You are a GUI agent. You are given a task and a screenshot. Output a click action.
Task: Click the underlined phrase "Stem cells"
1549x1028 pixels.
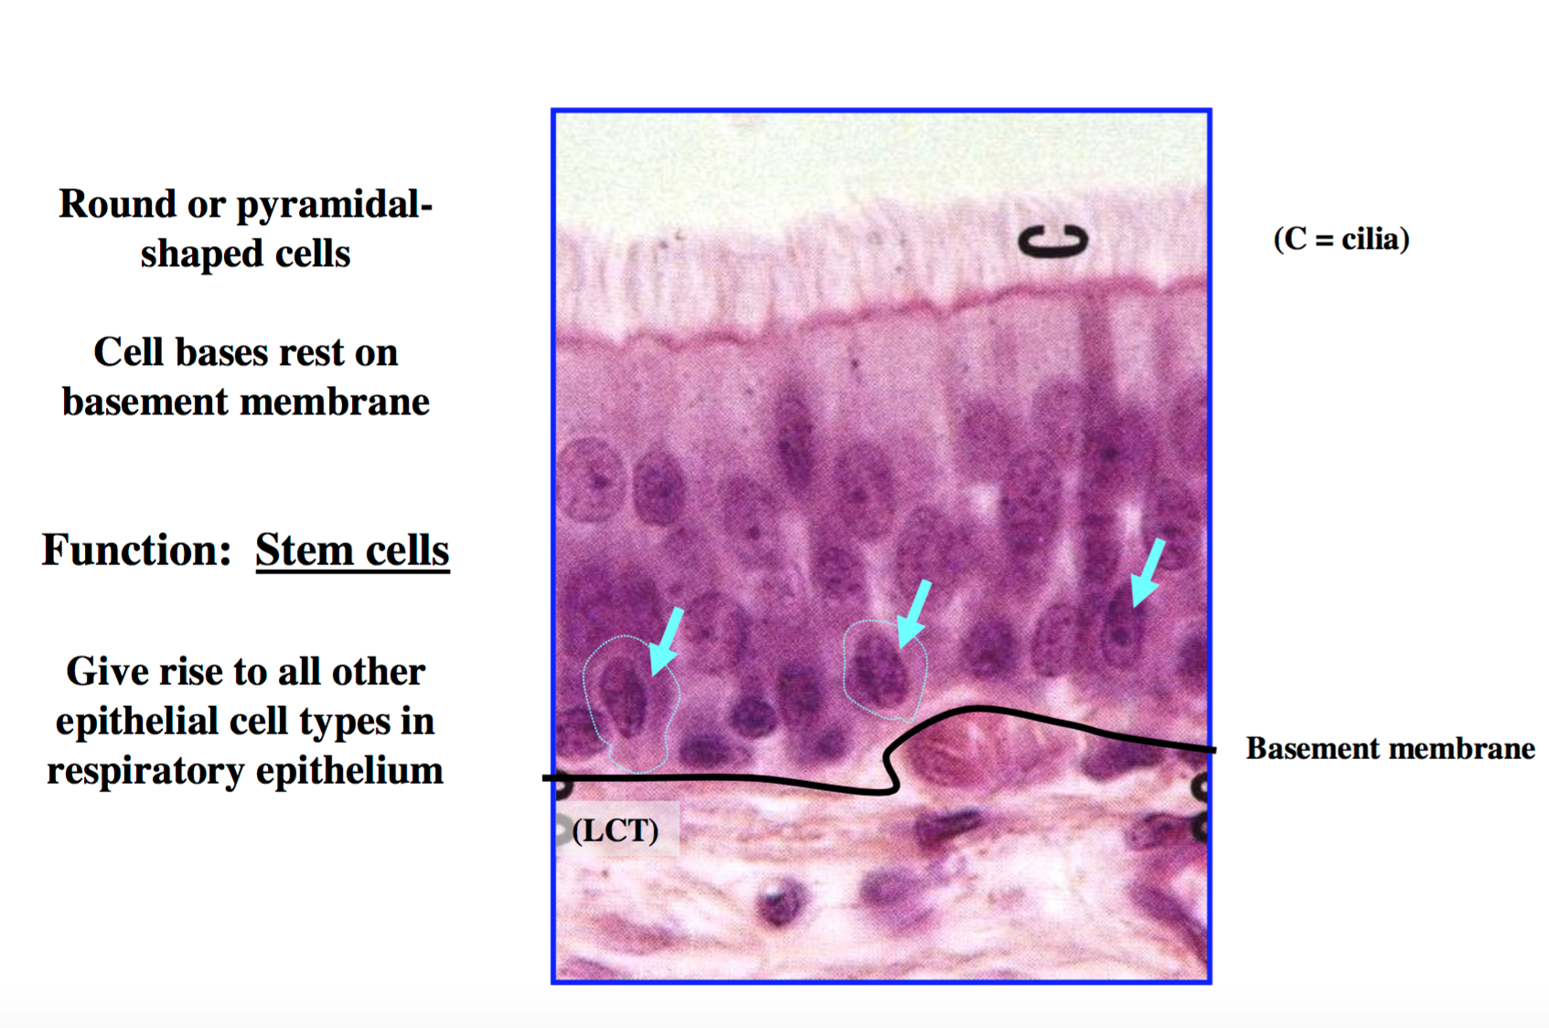tap(353, 551)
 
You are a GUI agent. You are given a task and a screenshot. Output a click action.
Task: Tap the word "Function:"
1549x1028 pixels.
tap(136, 550)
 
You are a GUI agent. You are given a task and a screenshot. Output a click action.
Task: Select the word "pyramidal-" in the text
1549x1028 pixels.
tap(335, 206)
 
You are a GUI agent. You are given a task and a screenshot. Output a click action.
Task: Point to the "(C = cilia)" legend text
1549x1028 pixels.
tap(1341, 239)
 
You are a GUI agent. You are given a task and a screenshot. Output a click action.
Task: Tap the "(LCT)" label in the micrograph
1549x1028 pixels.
tap(615, 830)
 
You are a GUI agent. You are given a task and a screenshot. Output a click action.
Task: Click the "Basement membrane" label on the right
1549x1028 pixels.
tap(1390, 748)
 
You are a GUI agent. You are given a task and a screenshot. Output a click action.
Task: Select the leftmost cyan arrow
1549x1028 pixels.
tap(667, 641)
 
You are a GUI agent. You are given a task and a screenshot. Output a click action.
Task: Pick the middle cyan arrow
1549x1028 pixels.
tap(913, 614)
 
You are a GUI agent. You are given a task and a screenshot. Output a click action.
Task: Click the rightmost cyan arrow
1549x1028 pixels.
tap(1148, 573)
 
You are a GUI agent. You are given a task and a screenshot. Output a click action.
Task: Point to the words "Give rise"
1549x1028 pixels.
tap(146, 671)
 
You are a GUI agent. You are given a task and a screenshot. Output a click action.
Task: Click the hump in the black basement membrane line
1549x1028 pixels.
tap(975, 709)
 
